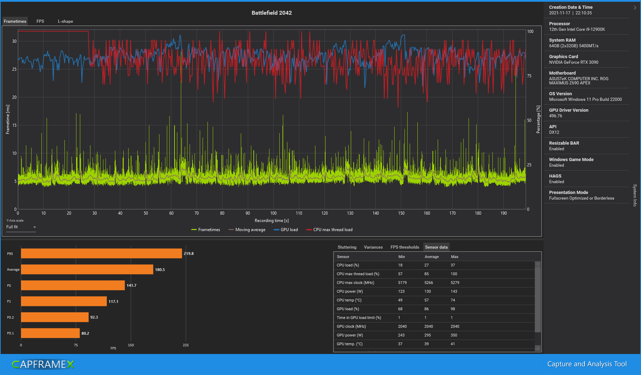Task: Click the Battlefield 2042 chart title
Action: pyautogui.click(x=272, y=13)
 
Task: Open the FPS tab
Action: pyautogui.click(x=40, y=21)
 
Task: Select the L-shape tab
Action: pyautogui.click(x=66, y=21)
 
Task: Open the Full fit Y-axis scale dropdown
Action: pyautogui.click(x=21, y=227)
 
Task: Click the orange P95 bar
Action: pyautogui.click(x=101, y=254)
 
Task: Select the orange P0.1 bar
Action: pyautogui.click(x=50, y=333)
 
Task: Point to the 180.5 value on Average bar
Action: pyautogui.click(x=160, y=270)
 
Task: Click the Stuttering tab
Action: pyautogui.click(x=347, y=247)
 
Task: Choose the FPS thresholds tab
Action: pyautogui.click(x=405, y=247)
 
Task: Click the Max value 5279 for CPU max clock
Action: pyautogui.click(x=455, y=283)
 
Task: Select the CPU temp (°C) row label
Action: pyautogui.click(x=349, y=300)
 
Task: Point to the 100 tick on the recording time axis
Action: pyautogui.click(x=273, y=213)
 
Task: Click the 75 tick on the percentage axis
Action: pyautogui.click(x=529, y=76)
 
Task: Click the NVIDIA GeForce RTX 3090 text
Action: pyautogui.click(x=574, y=62)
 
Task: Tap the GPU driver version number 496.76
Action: pyautogui.click(x=555, y=116)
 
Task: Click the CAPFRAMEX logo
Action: pyautogui.click(x=43, y=364)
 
